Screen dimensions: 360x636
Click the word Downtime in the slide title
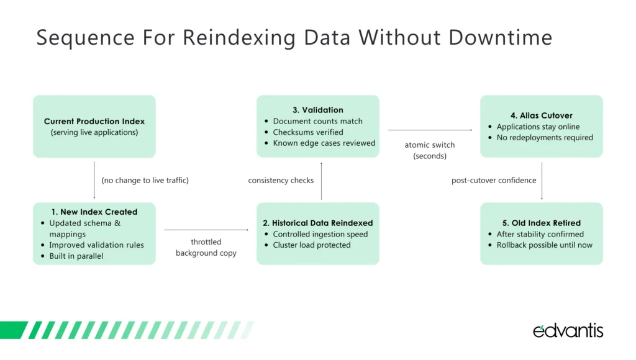tap(501, 37)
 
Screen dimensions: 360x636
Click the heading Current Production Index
tap(94, 121)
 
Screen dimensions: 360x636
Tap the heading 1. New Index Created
tap(94, 212)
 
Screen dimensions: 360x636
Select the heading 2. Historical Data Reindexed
tap(317, 223)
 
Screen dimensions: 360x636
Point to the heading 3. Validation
tap(318, 110)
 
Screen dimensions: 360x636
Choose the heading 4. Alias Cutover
tap(541, 115)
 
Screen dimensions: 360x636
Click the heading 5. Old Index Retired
tap(541, 223)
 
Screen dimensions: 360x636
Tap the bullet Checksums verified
tap(307, 132)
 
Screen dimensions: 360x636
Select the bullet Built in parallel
tap(76, 256)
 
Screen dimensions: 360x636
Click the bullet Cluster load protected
tap(311, 245)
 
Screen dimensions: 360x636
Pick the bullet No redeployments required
tap(545, 138)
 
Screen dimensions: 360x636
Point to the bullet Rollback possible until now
tap(544, 245)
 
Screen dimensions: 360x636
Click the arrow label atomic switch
tap(430, 145)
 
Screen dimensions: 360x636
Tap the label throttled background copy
tap(206, 247)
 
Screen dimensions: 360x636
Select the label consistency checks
tap(281, 181)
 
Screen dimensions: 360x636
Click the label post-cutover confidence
tap(494, 181)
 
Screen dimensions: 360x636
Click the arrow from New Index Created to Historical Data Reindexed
tap(206, 230)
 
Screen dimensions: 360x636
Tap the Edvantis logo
tap(568, 330)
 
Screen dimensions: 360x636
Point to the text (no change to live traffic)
tap(145, 181)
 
